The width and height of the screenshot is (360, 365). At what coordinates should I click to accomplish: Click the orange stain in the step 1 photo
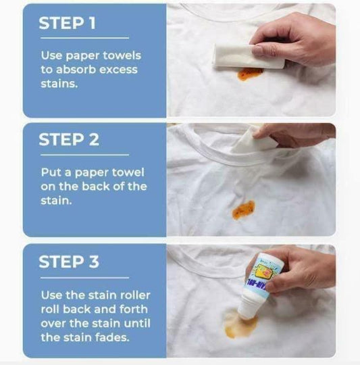pyautogui.click(x=251, y=72)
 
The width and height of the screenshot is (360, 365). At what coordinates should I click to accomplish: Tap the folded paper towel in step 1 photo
pyautogui.click(x=248, y=54)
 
